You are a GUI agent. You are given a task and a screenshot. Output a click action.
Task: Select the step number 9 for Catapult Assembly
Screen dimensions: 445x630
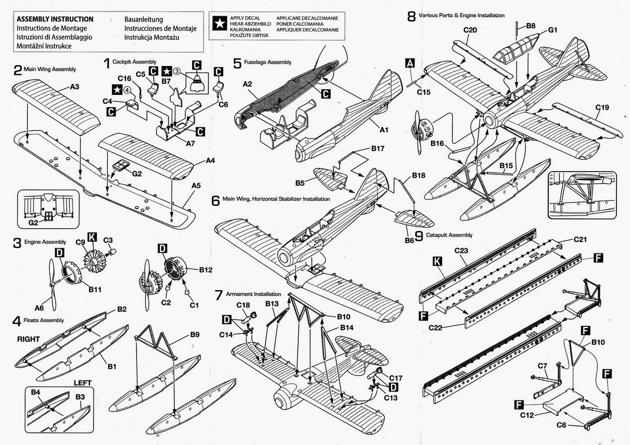tap(418, 236)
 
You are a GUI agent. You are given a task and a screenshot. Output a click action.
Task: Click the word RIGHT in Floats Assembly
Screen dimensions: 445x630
tap(27, 339)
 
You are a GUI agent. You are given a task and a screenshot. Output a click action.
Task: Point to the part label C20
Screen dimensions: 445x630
tap(470, 30)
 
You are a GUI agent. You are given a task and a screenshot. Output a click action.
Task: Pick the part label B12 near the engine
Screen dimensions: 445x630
tap(205, 270)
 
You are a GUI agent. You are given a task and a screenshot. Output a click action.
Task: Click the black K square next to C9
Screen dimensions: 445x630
tap(91, 238)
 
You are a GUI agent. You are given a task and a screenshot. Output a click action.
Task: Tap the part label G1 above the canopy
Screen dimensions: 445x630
tap(552, 30)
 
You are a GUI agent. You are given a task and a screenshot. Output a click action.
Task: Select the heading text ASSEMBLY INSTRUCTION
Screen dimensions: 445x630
tap(55, 19)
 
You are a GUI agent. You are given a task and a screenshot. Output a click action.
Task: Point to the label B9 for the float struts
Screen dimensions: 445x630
tap(195, 334)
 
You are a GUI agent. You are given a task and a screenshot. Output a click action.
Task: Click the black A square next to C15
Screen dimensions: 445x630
tap(411, 64)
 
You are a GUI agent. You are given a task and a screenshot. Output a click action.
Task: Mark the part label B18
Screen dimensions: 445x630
tap(418, 174)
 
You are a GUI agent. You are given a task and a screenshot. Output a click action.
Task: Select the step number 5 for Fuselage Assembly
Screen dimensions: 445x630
tap(237, 63)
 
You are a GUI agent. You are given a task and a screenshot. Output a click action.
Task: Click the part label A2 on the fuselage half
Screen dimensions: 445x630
tap(248, 83)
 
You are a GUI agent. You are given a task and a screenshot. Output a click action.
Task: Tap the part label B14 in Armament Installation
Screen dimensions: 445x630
tap(346, 327)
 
